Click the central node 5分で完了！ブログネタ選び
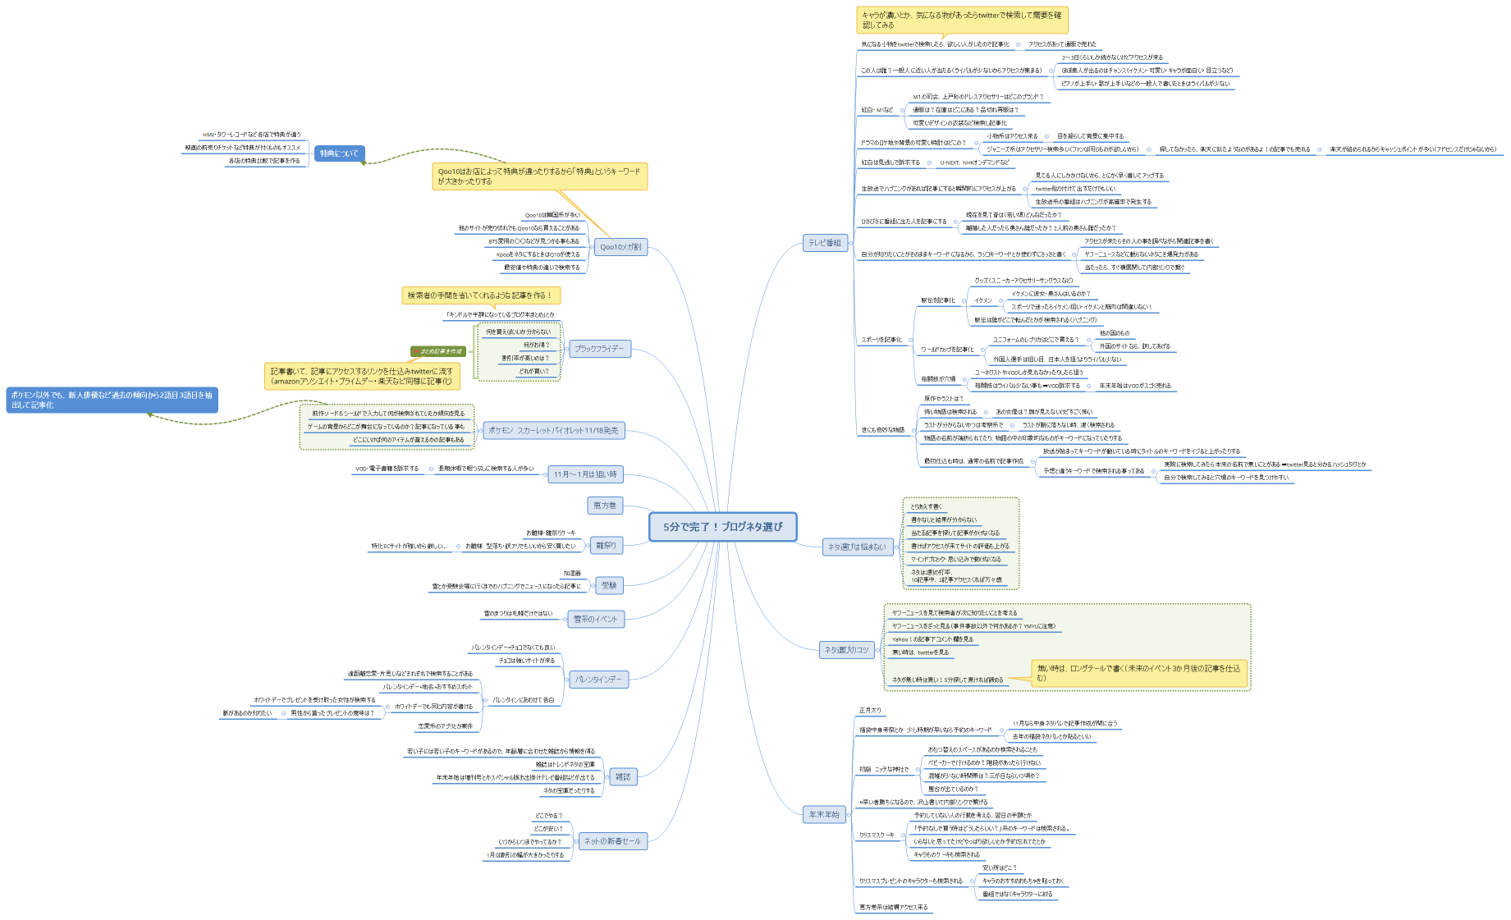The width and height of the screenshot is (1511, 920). (722, 527)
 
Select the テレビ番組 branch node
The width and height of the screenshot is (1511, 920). (824, 243)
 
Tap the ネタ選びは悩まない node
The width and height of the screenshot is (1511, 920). (856, 547)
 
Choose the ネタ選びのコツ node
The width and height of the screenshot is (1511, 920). (847, 650)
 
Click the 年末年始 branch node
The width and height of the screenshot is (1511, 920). (823, 815)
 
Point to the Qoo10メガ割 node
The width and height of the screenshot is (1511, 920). (620, 247)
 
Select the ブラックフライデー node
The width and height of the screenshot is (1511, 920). (599, 349)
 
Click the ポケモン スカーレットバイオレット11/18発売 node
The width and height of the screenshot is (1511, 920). (553, 431)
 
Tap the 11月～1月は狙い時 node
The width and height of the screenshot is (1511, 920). (585, 474)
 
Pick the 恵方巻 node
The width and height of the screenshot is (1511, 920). (604, 506)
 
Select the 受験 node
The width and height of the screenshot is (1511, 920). (609, 585)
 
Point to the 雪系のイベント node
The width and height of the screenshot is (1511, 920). (595, 619)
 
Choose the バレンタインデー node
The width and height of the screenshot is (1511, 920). (598, 680)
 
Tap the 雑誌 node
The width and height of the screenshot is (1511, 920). (623, 776)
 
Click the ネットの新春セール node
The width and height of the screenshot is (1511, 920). (612, 841)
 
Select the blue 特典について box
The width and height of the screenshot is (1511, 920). (339, 153)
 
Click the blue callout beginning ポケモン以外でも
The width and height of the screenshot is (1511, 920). (112, 400)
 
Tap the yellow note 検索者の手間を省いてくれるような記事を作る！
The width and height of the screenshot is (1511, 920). (480, 295)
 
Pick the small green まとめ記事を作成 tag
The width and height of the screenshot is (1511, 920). (438, 351)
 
